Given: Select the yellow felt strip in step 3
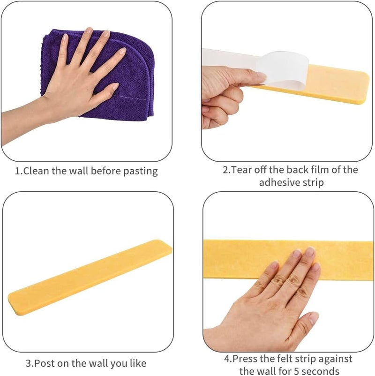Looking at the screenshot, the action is tap(90, 277).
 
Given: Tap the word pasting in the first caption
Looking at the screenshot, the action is tap(141, 172).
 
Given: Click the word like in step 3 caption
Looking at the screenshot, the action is tap(138, 363).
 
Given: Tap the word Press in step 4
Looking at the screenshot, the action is tap(245, 359).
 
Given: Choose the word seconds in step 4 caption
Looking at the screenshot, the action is tap(321, 371).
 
